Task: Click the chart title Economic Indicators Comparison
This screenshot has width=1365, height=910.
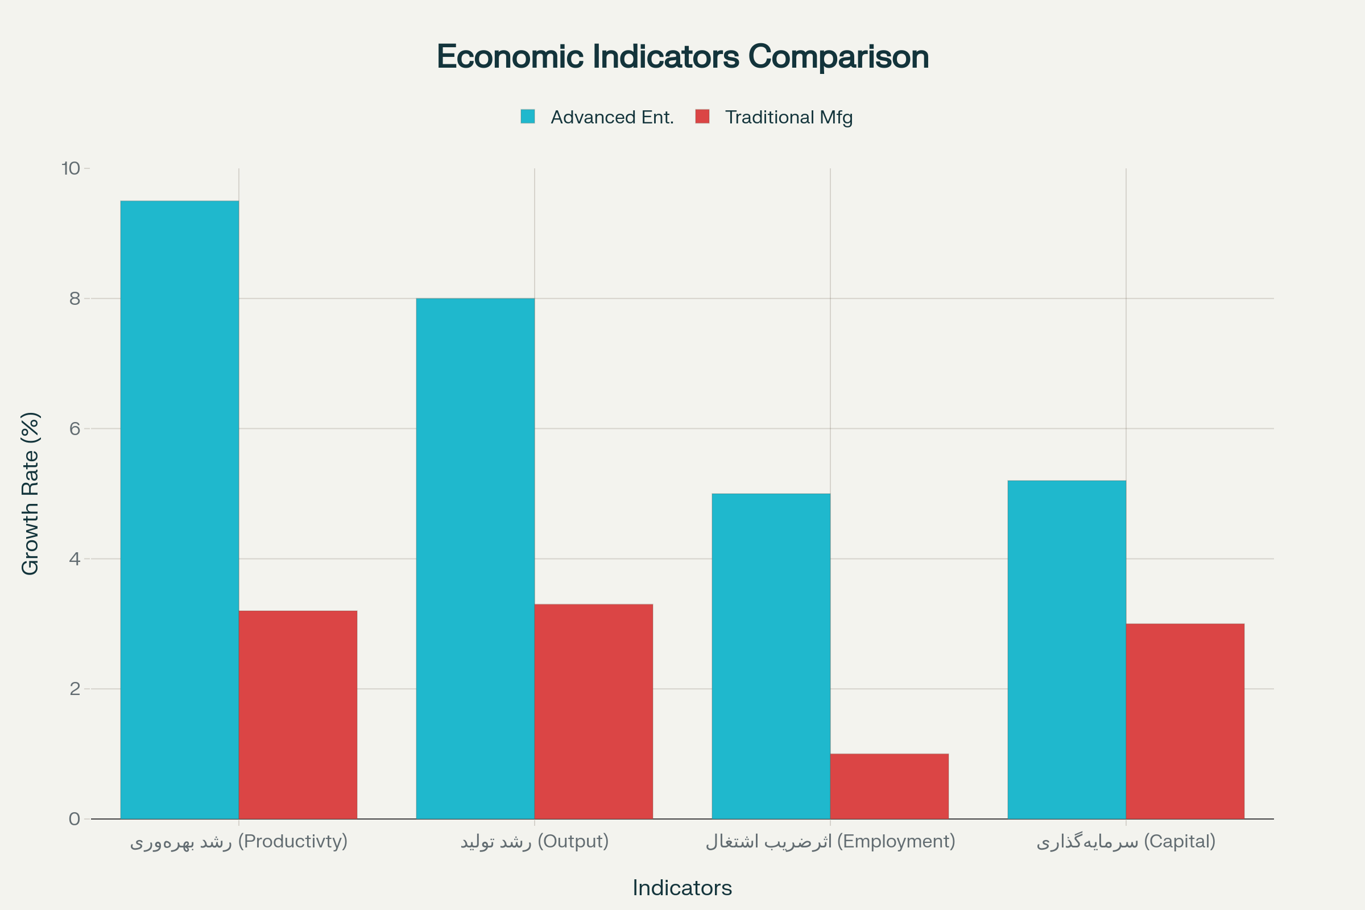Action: pos(682,57)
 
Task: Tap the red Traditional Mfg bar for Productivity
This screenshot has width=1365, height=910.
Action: pos(297,714)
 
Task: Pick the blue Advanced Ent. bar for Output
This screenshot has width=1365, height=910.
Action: pos(475,559)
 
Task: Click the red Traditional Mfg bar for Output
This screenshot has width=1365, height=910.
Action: pos(594,712)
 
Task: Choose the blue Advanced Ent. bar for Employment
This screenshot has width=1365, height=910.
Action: pos(771,656)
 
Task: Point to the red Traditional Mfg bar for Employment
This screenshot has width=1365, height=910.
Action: pos(889,787)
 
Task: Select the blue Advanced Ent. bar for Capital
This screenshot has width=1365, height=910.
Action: pos(1067,650)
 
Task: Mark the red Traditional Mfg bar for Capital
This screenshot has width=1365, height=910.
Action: pos(1185,721)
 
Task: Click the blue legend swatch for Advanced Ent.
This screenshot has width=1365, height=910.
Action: pos(528,117)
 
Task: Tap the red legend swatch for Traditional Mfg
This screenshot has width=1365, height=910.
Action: pos(702,117)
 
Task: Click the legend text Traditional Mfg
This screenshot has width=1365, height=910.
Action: pos(789,117)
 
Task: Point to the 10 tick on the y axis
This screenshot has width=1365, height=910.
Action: pos(71,168)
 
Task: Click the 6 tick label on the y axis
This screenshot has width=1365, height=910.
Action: pos(75,429)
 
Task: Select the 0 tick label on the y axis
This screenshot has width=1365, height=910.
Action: pos(75,819)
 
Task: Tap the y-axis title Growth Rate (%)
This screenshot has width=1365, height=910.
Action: pos(30,493)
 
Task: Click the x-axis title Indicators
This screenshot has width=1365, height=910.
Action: pos(682,888)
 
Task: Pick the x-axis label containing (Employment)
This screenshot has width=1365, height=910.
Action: pos(830,841)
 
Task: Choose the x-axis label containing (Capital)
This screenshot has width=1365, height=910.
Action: pos(1126,841)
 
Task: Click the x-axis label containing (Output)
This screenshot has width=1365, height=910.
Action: pos(535,841)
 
